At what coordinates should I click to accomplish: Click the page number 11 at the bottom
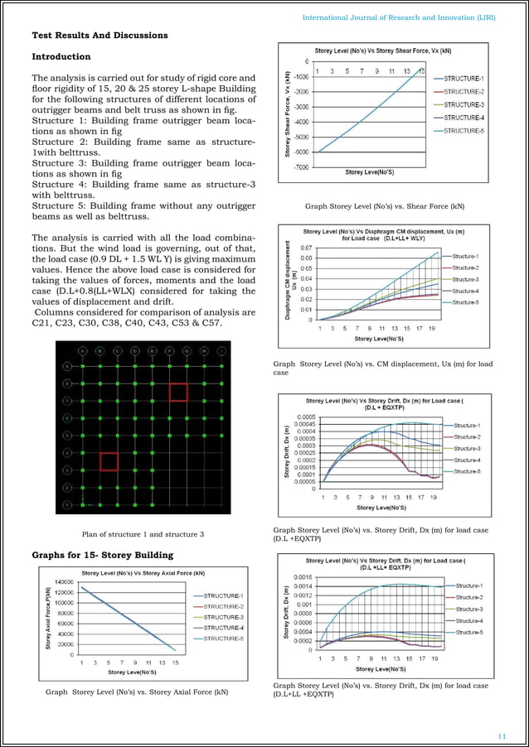pyautogui.click(x=501, y=735)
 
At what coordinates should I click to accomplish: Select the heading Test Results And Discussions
pyautogui.click(x=99, y=36)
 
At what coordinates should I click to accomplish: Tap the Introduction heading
pyautogui.click(x=61, y=57)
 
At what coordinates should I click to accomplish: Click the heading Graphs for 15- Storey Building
pyautogui.click(x=103, y=554)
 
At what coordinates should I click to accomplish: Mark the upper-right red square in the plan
pyautogui.click(x=178, y=391)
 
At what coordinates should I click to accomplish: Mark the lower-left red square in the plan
pyautogui.click(x=109, y=460)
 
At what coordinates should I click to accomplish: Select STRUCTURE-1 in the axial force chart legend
pyautogui.click(x=222, y=595)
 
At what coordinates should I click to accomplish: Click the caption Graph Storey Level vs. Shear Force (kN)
pyautogui.click(x=385, y=205)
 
